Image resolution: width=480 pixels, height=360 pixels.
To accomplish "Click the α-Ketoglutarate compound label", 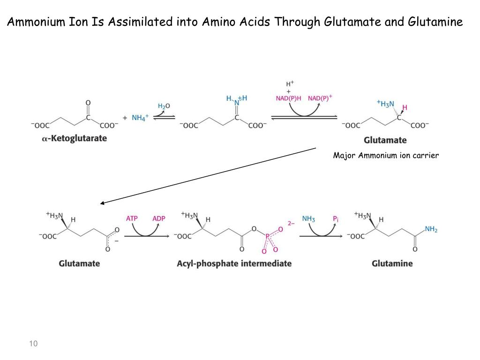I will pos(74,138).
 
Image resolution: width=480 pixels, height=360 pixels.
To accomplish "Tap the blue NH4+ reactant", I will pos(140,118).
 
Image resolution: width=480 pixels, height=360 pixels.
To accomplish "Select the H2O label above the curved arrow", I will pos(164,106).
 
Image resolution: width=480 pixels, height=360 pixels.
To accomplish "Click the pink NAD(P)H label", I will pos(288,98).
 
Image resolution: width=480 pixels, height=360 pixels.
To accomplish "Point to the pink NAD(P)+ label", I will pos(320,98).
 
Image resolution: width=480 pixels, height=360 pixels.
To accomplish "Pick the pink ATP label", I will pos(132,218).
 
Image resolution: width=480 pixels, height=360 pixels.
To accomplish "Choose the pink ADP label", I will pos(159,218).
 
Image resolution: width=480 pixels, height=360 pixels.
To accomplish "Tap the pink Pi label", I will pos(336,218).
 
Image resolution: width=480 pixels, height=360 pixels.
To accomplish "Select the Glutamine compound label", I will pos(392,263).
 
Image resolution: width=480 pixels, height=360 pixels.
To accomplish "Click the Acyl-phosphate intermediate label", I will pos(234,263).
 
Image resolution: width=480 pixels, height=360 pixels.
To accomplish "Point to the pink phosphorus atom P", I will pos(268,237).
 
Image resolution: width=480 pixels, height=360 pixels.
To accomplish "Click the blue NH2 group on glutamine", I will pos(431,229).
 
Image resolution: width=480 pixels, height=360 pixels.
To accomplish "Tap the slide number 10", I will pos(33,344).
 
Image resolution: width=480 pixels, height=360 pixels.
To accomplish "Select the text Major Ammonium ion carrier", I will pos(386,156).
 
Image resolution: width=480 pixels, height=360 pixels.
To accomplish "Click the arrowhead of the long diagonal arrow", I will pos(102,203).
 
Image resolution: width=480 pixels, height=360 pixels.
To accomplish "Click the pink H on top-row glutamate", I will pos(405,108).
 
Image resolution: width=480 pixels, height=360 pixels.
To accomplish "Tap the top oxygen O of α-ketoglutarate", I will pos(88,103).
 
